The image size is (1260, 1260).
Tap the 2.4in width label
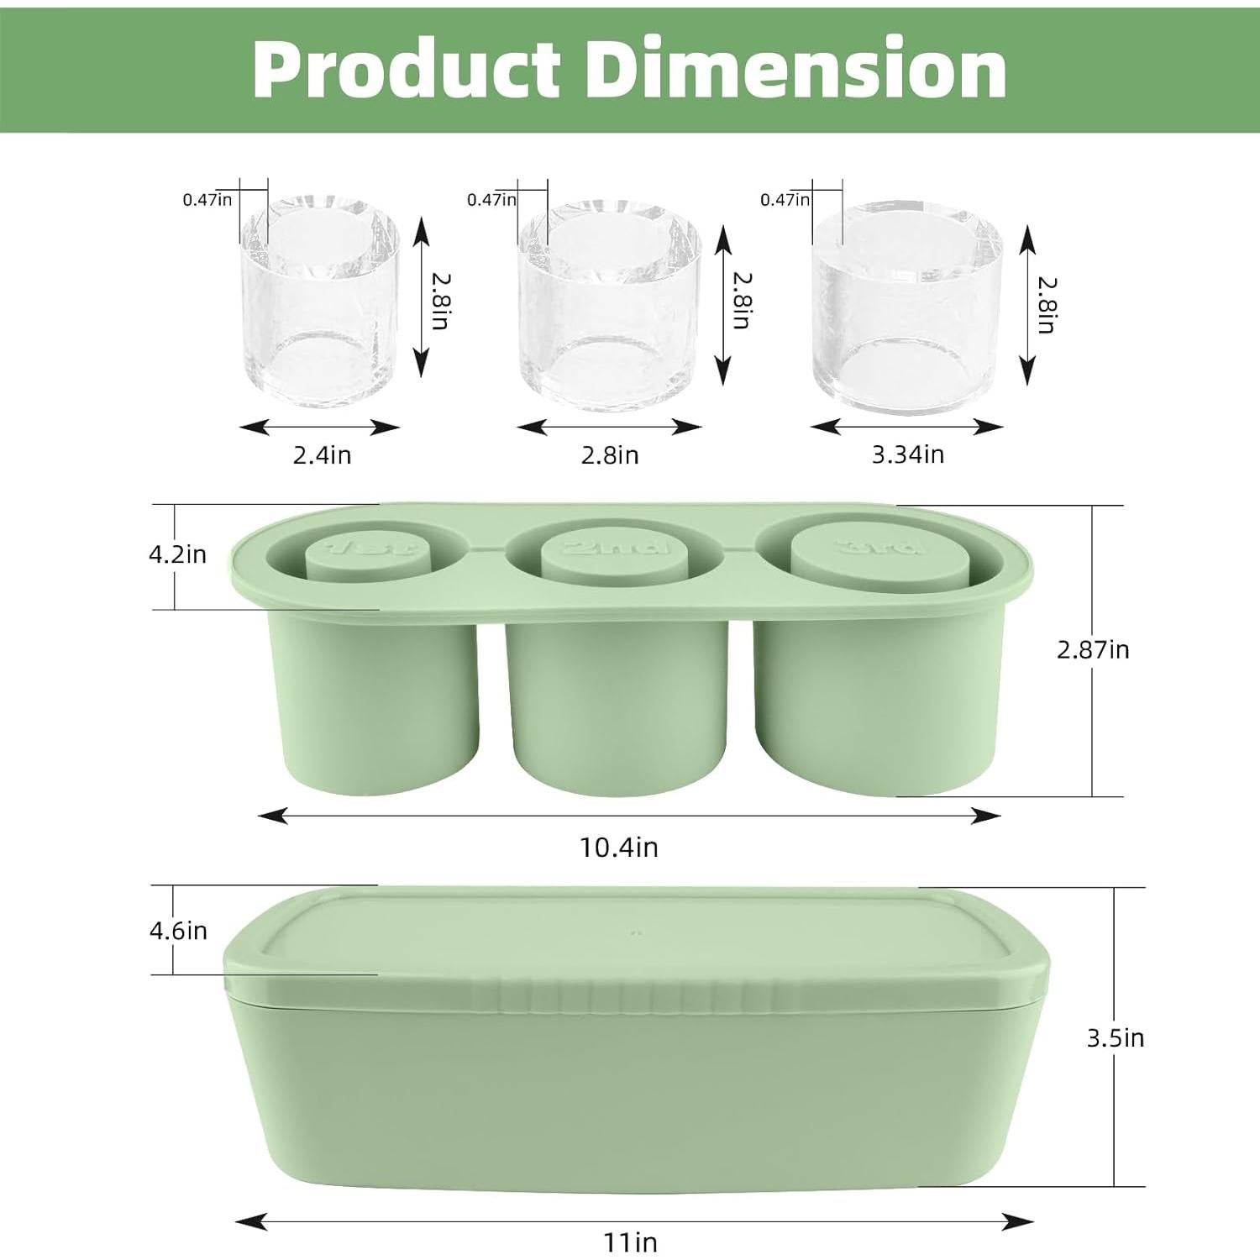tap(322, 455)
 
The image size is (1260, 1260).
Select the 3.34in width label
tap(907, 454)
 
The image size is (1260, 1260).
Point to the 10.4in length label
tap(619, 848)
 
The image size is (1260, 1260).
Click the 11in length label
tap(631, 1242)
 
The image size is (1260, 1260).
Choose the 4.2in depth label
tap(177, 554)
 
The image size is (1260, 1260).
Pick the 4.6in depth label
tap(178, 931)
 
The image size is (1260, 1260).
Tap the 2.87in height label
tap(1093, 649)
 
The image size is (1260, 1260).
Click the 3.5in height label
tap(1116, 1038)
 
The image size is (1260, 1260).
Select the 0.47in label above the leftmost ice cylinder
tap(207, 200)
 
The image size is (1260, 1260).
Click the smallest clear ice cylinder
tap(320, 302)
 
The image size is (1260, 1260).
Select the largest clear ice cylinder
tap(907, 307)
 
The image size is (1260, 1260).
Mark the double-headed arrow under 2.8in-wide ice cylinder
tap(609, 427)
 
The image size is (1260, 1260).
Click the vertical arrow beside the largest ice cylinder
tap(1026, 306)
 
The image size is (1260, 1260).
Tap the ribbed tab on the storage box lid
tap(622, 995)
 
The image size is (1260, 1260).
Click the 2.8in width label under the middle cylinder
tap(610, 455)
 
